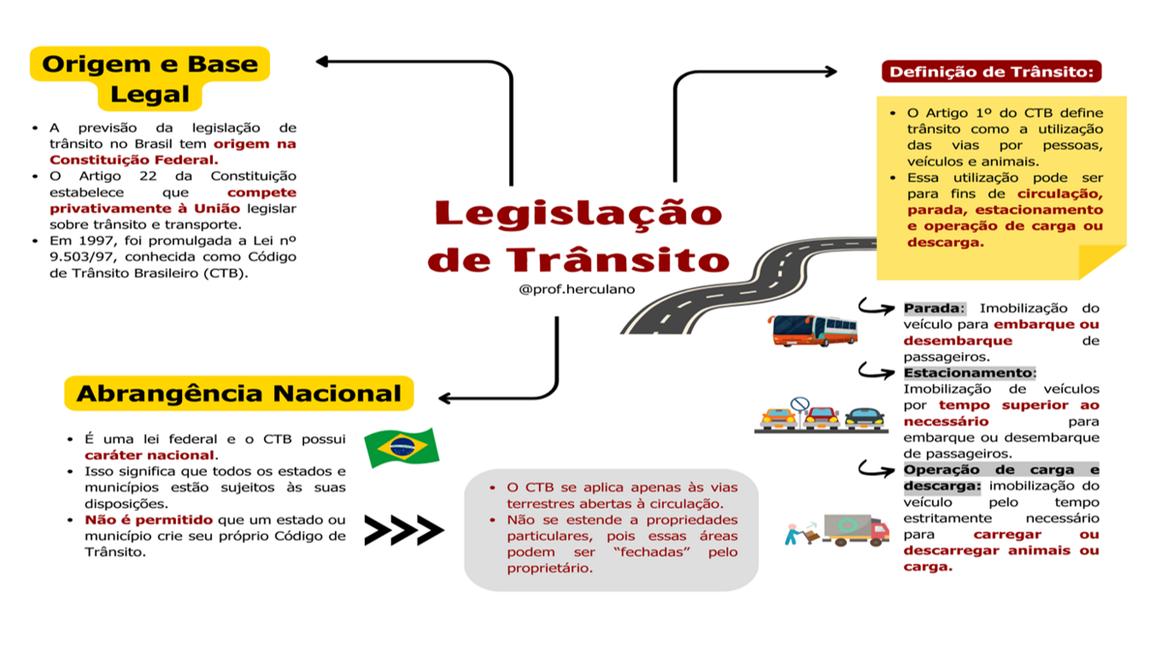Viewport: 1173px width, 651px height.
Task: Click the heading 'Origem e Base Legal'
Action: pos(149,78)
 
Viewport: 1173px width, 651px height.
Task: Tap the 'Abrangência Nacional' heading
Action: pos(238,393)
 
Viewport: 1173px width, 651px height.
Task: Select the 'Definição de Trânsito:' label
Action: pos(991,72)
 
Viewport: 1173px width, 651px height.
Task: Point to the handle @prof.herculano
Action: pos(577,289)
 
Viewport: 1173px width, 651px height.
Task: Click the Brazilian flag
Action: pos(402,448)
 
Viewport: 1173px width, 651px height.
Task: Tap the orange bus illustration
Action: pos(813,330)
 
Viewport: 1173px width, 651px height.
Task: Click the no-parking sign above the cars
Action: pos(799,404)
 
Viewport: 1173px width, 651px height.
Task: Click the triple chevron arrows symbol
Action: pos(404,530)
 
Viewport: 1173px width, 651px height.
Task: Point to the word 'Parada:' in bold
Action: pos(934,309)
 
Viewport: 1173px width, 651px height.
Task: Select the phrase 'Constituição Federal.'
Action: pos(133,160)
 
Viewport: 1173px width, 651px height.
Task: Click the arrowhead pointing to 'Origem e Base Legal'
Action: pos(323,62)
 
